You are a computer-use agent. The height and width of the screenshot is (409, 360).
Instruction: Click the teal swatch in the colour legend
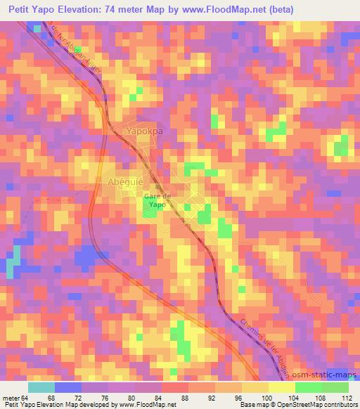tap(42, 387)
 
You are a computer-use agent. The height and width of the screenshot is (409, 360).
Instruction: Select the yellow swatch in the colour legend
tap(281, 387)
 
